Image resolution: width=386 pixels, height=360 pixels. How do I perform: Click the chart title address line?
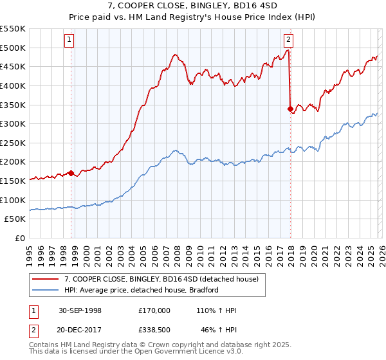pyautogui.click(x=192, y=5)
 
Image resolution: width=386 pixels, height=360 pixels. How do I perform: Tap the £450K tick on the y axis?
pyautogui.click(x=13, y=66)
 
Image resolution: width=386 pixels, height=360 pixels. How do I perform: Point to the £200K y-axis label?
pyautogui.click(x=13, y=162)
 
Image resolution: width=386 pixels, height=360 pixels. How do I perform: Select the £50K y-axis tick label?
pyautogui.click(x=15, y=219)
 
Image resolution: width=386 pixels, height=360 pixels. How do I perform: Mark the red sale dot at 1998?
pyautogui.click(x=71, y=173)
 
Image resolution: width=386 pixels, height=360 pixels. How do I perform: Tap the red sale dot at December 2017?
pyautogui.click(x=290, y=109)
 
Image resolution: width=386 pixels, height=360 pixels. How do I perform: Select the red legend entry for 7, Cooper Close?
pyautogui.click(x=161, y=279)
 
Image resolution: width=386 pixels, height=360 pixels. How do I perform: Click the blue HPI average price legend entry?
pyautogui.click(x=142, y=290)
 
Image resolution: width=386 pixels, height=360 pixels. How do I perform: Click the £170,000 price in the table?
pyautogui.click(x=154, y=310)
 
